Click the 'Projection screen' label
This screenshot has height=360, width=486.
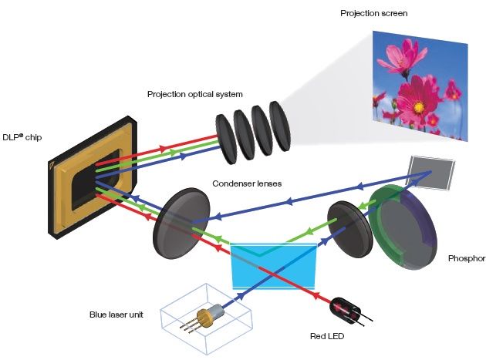(374, 13)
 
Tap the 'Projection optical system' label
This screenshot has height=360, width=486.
(195, 94)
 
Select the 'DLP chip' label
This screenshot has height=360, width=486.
(22, 137)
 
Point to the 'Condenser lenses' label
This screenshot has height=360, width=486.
(247, 183)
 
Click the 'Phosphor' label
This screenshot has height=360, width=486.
(467, 258)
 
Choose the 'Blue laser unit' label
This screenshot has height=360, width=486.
(116, 315)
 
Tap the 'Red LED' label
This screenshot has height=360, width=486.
(327, 336)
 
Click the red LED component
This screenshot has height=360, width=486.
(346, 311)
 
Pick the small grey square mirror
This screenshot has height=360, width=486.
(431, 173)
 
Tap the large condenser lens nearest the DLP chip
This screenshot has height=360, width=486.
(181, 224)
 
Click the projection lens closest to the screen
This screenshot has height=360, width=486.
(279, 126)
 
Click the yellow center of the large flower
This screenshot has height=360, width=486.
(418, 107)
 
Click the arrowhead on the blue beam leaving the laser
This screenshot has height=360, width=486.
(239, 298)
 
